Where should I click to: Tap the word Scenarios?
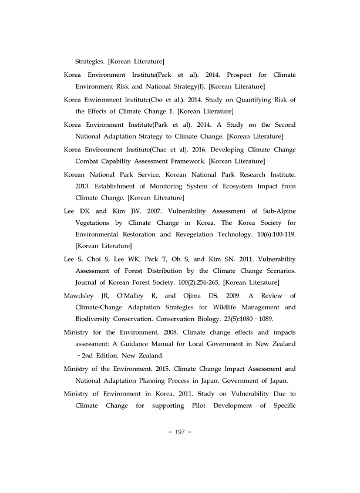278,271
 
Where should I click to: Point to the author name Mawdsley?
82,295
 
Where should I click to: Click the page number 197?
180,432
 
